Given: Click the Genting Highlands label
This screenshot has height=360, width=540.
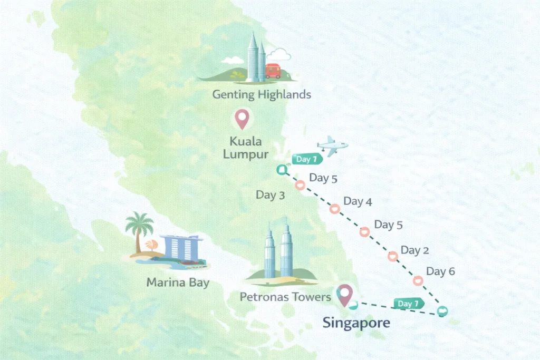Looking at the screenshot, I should [x=262, y=95].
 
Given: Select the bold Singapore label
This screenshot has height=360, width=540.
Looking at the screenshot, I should [x=356, y=322].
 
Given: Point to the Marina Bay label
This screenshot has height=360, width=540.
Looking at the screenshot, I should [x=178, y=283].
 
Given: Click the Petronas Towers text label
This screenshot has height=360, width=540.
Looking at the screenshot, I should [x=285, y=297].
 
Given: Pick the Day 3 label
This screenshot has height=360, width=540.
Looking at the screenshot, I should [x=270, y=195].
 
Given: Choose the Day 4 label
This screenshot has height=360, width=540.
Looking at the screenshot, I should [x=358, y=201].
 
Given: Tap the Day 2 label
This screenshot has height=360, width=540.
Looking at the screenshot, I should [x=414, y=250].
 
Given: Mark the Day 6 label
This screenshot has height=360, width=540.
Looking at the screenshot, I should [x=440, y=271].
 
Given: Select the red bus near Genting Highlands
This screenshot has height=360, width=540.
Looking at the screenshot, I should [x=273, y=71].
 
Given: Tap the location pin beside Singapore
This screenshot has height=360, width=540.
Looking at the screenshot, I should [x=345, y=296].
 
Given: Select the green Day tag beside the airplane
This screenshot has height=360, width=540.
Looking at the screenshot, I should [x=305, y=159].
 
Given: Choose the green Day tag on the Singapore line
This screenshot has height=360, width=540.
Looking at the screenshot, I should [x=408, y=304].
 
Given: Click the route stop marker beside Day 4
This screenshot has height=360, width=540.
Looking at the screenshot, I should [x=334, y=209].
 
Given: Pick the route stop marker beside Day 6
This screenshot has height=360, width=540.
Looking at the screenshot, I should [x=418, y=281].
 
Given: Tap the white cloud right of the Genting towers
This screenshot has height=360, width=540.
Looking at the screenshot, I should [x=279, y=55].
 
